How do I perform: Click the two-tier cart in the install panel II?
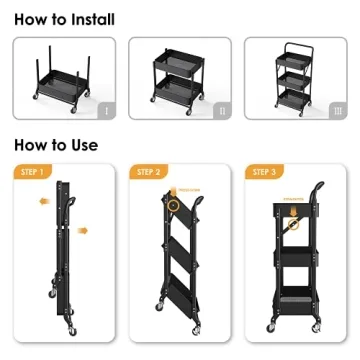[178, 83]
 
